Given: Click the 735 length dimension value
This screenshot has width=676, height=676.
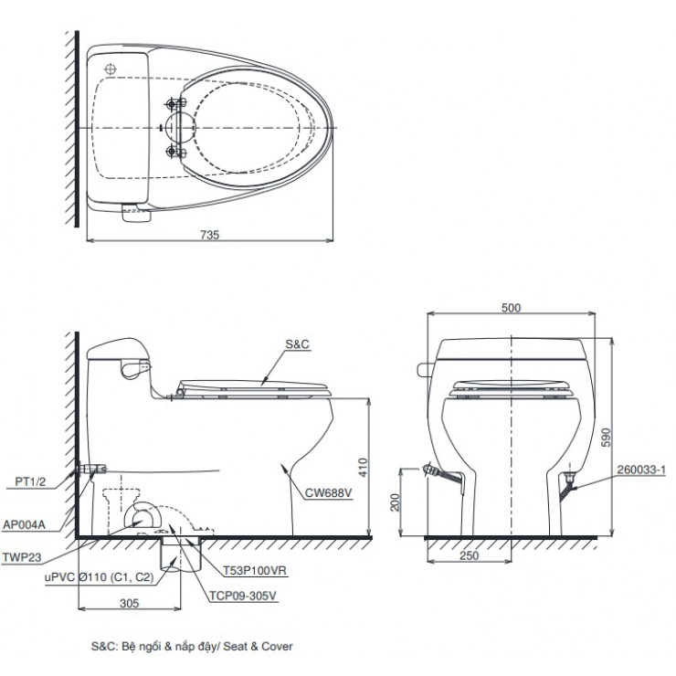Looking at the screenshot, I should click(211, 235).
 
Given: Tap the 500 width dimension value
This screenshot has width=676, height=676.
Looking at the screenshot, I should click(511, 308).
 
